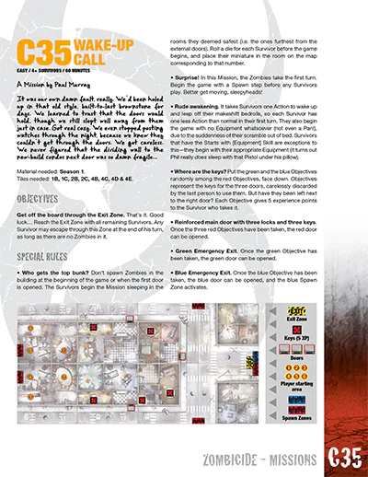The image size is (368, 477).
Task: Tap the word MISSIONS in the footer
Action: pyautogui.click(x=286, y=458)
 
